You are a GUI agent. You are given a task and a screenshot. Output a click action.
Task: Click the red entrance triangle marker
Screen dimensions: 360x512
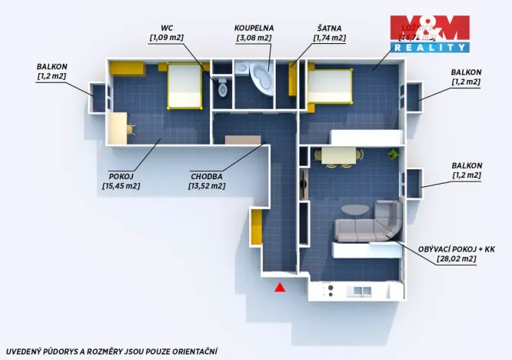281,287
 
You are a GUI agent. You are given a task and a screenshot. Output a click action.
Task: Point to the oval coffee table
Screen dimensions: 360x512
354,210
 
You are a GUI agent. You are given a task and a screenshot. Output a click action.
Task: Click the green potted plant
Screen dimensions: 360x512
394,154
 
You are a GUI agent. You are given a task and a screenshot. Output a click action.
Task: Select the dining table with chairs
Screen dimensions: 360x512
339,156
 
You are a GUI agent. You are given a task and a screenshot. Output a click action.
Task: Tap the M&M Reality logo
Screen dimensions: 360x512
429,34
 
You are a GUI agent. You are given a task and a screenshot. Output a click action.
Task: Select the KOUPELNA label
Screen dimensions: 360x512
254,27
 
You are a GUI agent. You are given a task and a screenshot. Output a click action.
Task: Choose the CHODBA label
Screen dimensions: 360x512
208,175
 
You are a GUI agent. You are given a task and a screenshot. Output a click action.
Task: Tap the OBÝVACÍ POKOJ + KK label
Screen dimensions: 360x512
447,249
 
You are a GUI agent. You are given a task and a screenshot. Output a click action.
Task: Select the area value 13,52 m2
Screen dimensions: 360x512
208,185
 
